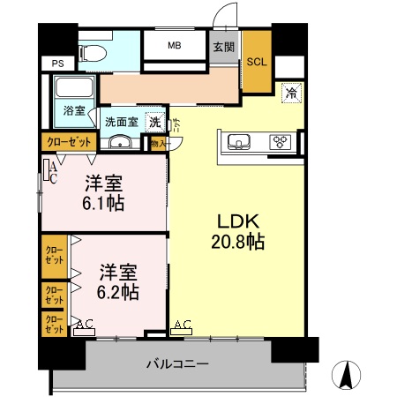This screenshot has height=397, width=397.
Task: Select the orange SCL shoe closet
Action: point(257,62)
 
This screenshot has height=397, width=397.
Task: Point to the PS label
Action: point(57,64)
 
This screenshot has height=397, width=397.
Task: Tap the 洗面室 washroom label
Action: point(122,122)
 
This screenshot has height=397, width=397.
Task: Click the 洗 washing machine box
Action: point(155,122)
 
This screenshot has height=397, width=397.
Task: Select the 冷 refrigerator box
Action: point(290,92)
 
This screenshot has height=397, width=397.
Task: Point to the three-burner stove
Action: point(281,141)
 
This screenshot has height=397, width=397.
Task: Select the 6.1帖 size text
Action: point(103,203)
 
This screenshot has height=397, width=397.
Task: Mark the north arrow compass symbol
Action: point(348,375)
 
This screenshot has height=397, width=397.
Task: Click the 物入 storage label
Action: point(158,143)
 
